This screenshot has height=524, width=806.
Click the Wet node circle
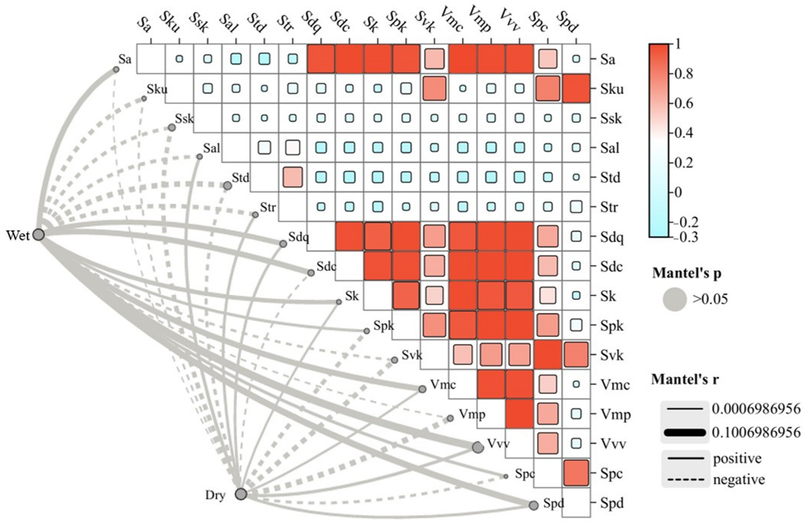click(39, 234)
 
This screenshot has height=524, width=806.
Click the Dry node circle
click(241, 494)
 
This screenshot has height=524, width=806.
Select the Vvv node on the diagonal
click(478, 447)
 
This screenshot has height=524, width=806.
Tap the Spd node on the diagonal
click(533, 505)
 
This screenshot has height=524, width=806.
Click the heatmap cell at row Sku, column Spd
click(576, 88)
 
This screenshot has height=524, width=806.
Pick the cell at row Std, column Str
click(293, 177)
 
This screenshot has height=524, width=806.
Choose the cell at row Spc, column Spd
click(576, 473)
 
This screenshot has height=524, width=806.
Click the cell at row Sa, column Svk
click(434, 59)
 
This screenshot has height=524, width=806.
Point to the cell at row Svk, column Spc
click(548, 355)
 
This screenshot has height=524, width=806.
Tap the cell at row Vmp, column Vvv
click(519, 414)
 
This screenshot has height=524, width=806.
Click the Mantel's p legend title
click(686, 273)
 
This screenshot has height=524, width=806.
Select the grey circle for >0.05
click(674, 299)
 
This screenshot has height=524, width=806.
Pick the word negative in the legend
click(739, 480)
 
